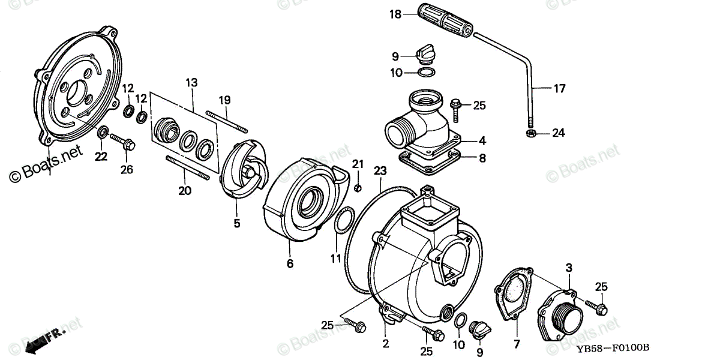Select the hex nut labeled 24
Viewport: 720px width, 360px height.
[x=530, y=132]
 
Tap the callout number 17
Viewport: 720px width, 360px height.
[x=559, y=89]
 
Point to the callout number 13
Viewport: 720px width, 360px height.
[x=191, y=82]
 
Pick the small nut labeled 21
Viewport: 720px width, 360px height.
[x=357, y=188]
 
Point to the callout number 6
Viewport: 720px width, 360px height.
[x=290, y=263]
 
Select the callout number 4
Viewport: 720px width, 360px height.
[x=482, y=142]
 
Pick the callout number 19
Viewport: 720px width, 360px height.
[x=224, y=99]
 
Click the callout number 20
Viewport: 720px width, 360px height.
[x=185, y=191]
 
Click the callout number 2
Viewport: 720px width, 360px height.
[x=385, y=344]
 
